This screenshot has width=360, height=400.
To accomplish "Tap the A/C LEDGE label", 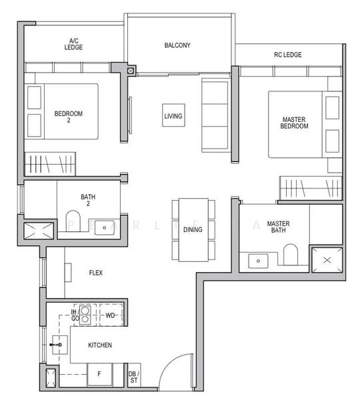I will pyautogui.click(x=73, y=44).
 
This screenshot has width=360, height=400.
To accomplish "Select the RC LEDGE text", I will pyautogui.click(x=288, y=54).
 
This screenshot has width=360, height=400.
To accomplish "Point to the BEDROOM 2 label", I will pyautogui.click(x=69, y=117).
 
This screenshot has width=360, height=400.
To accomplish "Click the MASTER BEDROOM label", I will pyautogui.click(x=294, y=123).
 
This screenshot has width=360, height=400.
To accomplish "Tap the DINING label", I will pyautogui.click(x=193, y=230).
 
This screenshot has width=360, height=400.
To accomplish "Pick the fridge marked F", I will pyautogui.click(x=99, y=374).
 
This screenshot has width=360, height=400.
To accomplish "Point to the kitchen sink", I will pyautogui.click(x=59, y=344).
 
